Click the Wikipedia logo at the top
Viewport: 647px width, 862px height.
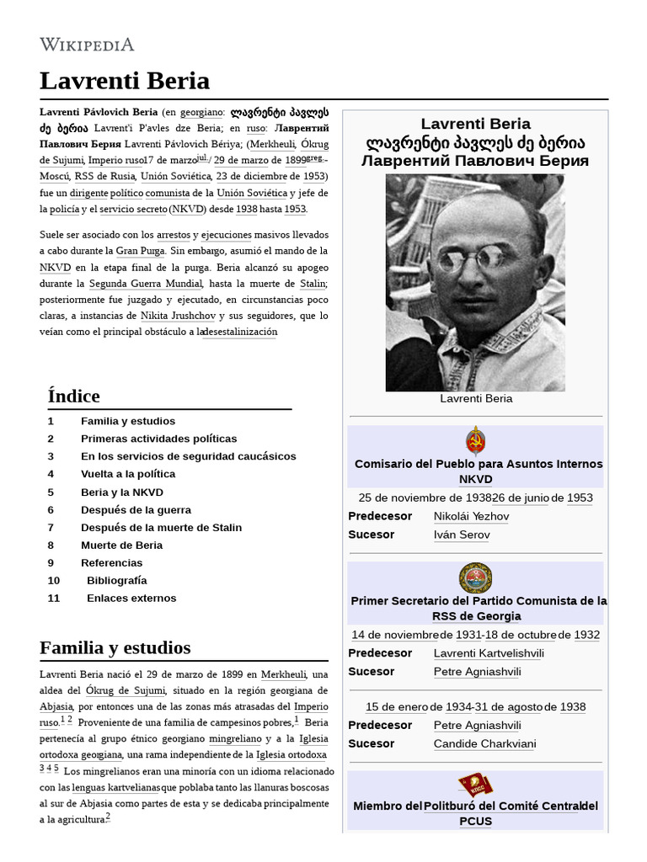pos(87,44)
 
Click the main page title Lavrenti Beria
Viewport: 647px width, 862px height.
pos(125,82)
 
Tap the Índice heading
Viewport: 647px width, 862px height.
pos(74,396)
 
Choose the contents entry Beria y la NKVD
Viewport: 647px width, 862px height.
pos(122,492)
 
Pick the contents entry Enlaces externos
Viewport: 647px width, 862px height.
pos(131,598)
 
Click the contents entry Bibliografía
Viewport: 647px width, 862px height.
pos(116,580)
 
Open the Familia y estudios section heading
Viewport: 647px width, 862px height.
pos(115,647)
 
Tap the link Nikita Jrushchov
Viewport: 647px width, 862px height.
pos(177,316)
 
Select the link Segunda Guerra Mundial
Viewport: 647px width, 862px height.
pos(146,284)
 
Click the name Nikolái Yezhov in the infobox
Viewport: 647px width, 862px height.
pos(471,516)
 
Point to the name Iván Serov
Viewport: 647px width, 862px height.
pos(462,535)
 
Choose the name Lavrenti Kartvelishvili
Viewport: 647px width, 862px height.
pos(490,653)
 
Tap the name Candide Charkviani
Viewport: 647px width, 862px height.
pos(484,744)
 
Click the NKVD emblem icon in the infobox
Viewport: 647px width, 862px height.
pos(476,440)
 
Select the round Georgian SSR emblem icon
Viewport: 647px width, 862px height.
pos(476,578)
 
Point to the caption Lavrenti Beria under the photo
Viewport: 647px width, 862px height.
pos(476,398)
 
